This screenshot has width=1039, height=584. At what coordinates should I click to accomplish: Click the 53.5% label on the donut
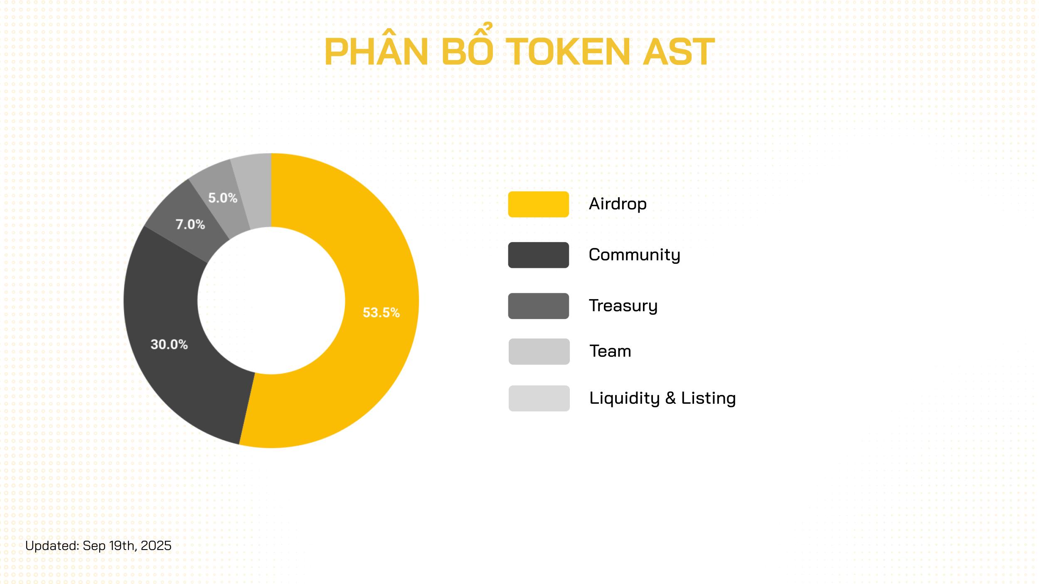(381, 312)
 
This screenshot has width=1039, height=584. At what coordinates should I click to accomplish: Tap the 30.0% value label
(169, 344)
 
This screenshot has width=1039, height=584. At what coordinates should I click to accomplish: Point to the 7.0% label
(190, 224)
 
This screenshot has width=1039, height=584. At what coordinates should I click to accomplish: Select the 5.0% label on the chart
(223, 198)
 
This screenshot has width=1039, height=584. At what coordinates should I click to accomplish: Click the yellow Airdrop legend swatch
(538, 204)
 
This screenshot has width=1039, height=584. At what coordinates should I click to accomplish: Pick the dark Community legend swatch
(538, 255)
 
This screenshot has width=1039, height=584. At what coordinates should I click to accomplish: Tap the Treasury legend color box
(538, 306)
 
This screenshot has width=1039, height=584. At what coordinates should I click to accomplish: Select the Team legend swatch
(539, 351)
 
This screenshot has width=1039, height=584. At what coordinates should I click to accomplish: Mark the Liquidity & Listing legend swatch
(539, 398)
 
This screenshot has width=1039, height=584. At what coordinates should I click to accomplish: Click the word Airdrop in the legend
(618, 204)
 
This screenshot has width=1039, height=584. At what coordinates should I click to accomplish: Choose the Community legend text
(634, 255)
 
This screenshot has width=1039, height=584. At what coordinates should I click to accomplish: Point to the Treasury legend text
(623, 306)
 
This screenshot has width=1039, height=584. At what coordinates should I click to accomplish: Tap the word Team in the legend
(610, 351)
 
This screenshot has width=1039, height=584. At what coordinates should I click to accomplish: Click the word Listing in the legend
(708, 398)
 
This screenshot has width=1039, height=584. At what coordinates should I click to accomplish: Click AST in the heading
(678, 52)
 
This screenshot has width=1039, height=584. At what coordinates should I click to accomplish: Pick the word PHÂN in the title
(376, 50)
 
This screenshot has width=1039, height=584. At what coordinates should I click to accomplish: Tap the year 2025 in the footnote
(156, 546)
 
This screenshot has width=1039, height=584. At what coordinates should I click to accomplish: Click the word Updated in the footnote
(52, 546)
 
